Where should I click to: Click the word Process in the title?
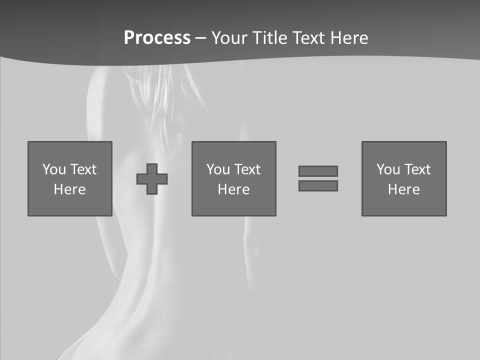(157, 38)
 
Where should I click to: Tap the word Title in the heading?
(269, 38)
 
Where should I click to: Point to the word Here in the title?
(349, 38)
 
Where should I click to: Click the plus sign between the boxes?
(152, 178)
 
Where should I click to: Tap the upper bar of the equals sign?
(318, 171)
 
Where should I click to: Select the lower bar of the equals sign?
(318, 185)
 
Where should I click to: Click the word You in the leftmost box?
(54, 169)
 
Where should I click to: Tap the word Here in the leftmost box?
(70, 189)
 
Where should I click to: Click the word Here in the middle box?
(234, 189)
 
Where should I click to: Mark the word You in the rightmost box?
(388, 169)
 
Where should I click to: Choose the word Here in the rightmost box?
(404, 189)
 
